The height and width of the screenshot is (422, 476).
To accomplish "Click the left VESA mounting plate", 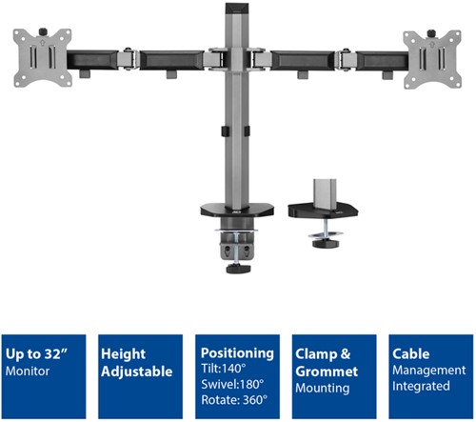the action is click(x=42, y=58).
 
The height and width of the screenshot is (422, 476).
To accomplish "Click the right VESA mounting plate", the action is click(x=432, y=60).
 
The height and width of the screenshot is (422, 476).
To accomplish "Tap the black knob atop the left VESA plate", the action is click(x=43, y=31).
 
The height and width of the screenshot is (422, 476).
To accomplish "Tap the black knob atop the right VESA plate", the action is click(x=431, y=33).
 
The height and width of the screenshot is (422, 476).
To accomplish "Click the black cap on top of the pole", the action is click(x=236, y=9).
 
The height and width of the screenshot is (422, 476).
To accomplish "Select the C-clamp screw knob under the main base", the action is click(x=238, y=269).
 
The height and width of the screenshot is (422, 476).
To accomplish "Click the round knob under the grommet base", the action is click(x=326, y=244).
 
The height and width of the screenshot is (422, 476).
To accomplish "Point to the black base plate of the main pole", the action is click(x=237, y=211).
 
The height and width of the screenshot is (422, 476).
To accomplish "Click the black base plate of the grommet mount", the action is click(x=323, y=211).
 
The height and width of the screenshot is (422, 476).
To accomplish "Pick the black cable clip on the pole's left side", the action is click(x=225, y=131).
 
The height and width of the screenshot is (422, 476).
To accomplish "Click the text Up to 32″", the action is click(x=37, y=354).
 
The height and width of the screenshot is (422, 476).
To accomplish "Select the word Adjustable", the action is click(x=137, y=372).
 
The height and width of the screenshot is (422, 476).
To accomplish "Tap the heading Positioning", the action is click(x=237, y=353).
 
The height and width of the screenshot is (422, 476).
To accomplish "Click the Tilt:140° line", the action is click(x=224, y=369).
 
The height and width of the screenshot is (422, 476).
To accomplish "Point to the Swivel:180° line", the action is click(x=232, y=384).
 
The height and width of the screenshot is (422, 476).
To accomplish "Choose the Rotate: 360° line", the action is click(x=234, y=400).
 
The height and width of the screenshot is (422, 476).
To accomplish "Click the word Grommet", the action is click(x=327, y=372).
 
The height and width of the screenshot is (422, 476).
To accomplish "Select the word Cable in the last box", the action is click(x=411, y=353).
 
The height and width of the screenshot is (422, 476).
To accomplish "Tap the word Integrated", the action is click(x=421, y=386).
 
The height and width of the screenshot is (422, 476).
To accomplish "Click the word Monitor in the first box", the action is click(x=28, y=372).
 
